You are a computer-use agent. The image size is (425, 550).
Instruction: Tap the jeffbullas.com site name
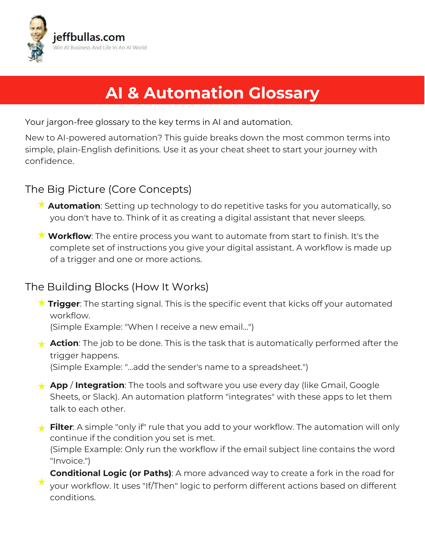[89, 37]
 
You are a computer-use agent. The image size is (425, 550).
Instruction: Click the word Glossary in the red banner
[284, 93]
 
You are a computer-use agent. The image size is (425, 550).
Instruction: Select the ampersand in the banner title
[133, 93]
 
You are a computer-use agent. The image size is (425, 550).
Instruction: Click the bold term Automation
[74, 206]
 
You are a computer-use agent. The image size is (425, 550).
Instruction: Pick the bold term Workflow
[70, 236]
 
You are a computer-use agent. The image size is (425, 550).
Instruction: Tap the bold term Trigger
[64, 304]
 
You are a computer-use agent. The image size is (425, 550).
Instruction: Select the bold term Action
[64, 343]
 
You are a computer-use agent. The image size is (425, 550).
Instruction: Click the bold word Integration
[100, 385]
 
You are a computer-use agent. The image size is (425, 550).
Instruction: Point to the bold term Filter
[61, 427]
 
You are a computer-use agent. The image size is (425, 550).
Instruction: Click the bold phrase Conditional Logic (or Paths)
[111, 473]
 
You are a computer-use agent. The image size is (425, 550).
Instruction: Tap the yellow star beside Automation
[42, 204]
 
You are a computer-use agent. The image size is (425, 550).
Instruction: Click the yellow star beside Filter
[42, 428]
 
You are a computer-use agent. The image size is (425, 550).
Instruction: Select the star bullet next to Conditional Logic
[42, 482]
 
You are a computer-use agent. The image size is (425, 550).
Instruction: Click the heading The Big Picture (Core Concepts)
[108, 189]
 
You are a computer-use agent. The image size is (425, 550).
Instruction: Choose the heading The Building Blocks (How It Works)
[117, 287]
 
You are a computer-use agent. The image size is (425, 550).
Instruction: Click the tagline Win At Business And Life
[100, 48]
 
